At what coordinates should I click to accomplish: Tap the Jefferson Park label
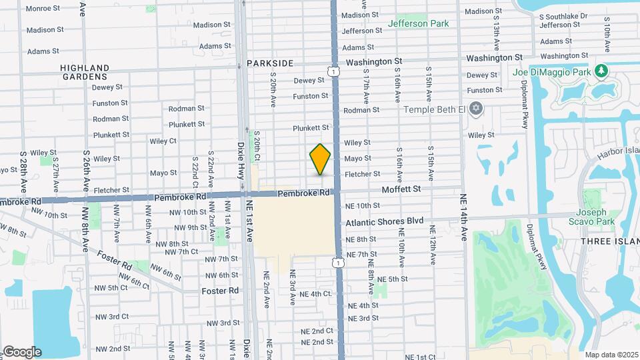click(418, 23)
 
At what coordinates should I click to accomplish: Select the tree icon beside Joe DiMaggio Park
click(601, 70)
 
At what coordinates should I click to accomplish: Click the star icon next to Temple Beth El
click(476, 108)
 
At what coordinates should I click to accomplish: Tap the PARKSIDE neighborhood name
click(270, 63)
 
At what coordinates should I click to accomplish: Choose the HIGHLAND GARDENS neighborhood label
click(84, 72)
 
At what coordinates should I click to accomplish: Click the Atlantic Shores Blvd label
click(384, 221)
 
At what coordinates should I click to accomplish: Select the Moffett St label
click(401, 189)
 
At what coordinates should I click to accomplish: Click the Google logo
click(21, 351)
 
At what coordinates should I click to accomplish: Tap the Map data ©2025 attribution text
click(611, 355)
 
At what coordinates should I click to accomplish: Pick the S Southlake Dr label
click(563, 16)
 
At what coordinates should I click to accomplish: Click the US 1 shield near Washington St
click(331, 70)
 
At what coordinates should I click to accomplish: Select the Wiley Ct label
click(163, 141)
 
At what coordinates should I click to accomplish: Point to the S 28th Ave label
click(23, 164)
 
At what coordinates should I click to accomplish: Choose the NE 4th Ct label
click(315, 294)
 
